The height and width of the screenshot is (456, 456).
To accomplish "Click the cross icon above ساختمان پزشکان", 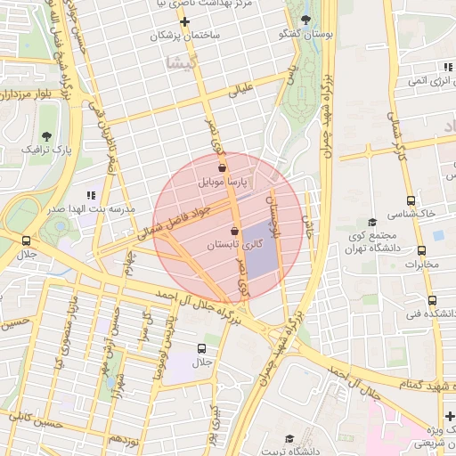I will (184, 21).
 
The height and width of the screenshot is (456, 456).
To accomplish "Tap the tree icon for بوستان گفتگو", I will (306, 19).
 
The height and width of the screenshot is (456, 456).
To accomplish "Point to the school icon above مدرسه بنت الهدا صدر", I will (90, 194).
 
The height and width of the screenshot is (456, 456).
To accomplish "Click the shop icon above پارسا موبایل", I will (222, 167).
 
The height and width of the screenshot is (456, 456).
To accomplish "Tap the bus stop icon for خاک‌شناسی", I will (411, 200).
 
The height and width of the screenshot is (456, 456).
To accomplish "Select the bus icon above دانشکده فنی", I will (432, 300).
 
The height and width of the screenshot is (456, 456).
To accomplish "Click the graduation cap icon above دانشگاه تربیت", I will (289, 438).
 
